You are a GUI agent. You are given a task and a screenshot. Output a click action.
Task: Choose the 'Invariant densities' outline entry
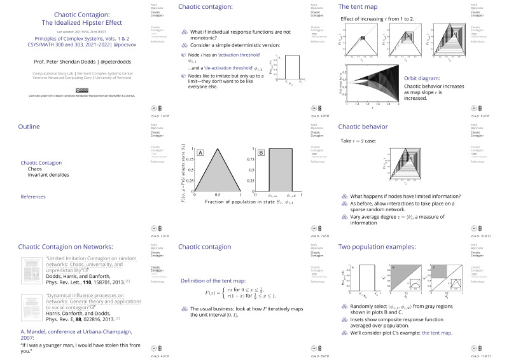48,174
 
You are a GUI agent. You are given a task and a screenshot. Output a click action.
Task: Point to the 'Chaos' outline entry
35,169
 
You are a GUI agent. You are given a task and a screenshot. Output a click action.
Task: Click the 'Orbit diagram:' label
422,79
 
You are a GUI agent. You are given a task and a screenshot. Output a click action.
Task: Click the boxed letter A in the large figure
200,153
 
